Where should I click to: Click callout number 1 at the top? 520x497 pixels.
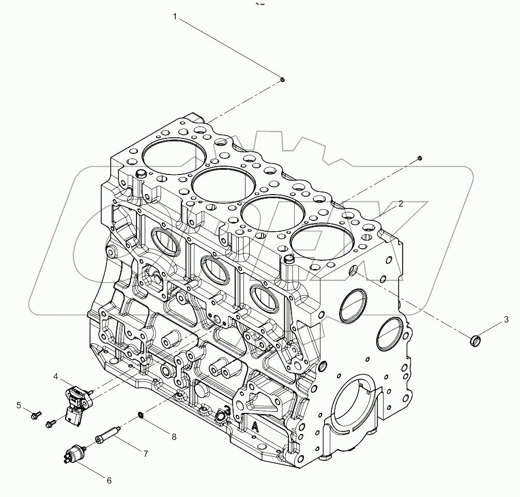175,18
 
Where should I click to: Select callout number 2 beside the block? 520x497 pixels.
401,204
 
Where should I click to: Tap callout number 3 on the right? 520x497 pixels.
507,318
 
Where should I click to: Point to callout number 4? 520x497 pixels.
55,377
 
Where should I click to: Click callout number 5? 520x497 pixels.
19,406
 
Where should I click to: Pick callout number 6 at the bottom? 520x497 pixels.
109,480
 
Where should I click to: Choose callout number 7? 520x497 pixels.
146,454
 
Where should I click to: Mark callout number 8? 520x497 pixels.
174,437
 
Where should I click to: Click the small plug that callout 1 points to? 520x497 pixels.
283,79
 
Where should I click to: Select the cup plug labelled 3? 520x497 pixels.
475,341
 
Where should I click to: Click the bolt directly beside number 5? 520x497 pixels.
36,413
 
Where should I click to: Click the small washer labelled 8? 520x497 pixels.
141,415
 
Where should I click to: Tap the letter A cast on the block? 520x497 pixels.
255,426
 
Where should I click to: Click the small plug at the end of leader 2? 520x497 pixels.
420,157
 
